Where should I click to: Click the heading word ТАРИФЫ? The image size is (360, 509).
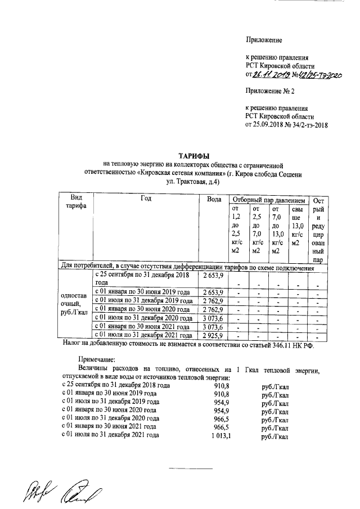point(194,155)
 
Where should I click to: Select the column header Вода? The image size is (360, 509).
point(213,200)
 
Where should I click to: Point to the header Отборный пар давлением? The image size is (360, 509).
point(269,200)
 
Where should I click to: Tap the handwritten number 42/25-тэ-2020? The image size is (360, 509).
point(318,74)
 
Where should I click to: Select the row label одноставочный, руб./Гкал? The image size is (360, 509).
point(74,304)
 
